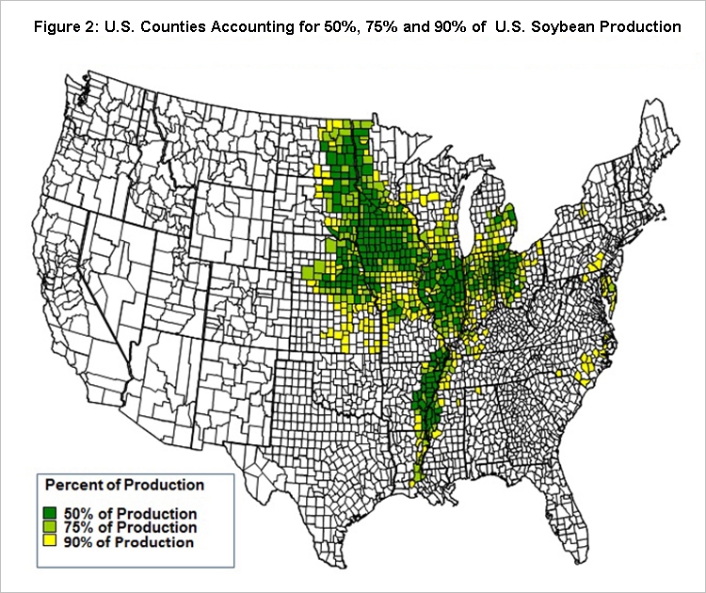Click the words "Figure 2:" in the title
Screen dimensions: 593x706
click(x=63, y=26)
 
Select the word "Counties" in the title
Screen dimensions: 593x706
click(x=173, y=26)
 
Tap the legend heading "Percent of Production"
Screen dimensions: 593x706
click(x=124, y=486)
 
